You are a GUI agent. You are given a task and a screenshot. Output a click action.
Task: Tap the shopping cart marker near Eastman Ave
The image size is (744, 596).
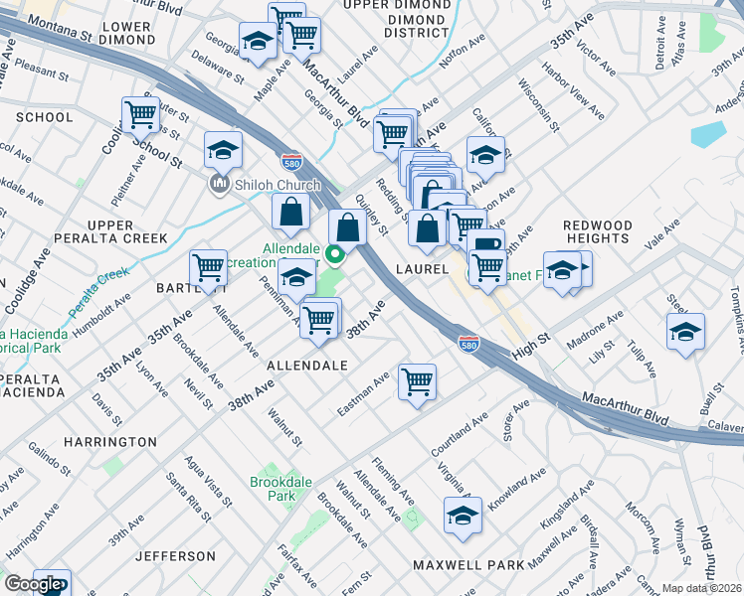coord(417,380)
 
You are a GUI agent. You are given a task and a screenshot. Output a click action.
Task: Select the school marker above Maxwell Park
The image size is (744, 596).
coord(463,515)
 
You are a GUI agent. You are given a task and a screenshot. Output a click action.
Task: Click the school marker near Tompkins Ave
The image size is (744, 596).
coord(685,332)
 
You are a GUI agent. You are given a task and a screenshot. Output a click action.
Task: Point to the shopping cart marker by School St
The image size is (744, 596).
coord(140,114)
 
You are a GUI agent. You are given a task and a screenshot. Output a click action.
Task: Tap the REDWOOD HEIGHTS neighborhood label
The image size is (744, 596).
coord(597,231)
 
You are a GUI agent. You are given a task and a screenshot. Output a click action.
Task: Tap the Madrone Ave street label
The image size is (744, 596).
coord(594,330)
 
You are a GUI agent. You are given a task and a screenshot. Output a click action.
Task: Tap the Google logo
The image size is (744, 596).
coord(33,584)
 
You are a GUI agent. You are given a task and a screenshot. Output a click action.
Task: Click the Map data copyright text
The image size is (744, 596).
coord(701,588)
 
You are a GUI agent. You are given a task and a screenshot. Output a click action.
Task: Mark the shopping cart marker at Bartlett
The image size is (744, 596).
coord(208,267)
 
